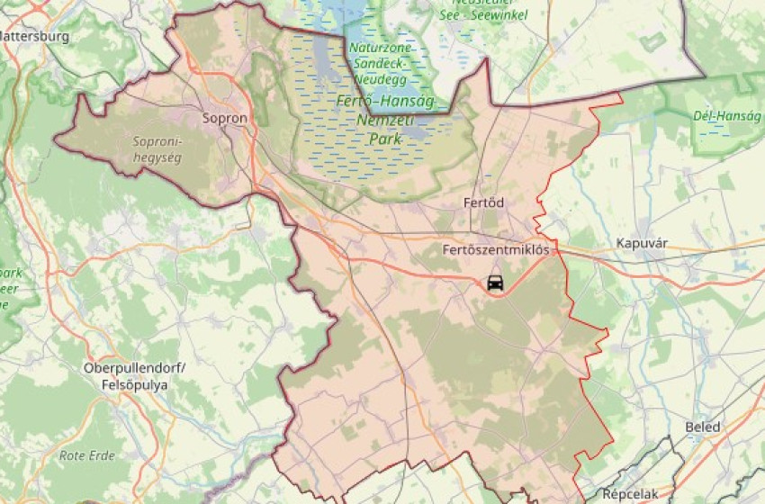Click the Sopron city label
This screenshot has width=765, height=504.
(225, 117)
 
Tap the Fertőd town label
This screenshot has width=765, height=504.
(484, 202)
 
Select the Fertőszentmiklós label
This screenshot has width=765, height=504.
(496, 249)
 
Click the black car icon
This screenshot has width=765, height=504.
(495, 283)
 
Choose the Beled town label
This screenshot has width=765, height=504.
(703, 427)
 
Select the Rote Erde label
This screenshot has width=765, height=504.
(87, 455)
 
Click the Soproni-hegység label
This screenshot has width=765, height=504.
(157, 149)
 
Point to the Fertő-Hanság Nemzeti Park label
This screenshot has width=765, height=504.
(384, 120)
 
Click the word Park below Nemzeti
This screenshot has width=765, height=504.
(385, 139)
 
